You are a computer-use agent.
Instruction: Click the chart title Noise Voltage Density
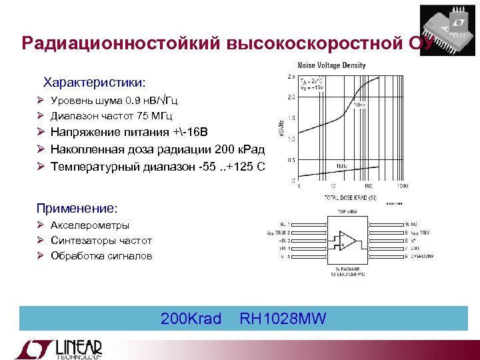(331, 65)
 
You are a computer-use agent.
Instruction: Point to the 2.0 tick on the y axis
(291, 97)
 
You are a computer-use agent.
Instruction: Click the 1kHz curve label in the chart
(341, 165)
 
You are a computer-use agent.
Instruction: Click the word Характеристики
(94, 83)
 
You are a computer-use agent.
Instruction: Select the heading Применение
(77, 208)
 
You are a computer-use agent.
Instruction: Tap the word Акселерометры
(90, 225)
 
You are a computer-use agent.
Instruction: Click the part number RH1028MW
(283, 319)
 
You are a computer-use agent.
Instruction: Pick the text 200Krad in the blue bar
(191, 319)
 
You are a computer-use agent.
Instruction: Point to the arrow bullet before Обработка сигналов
(41, 256)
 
